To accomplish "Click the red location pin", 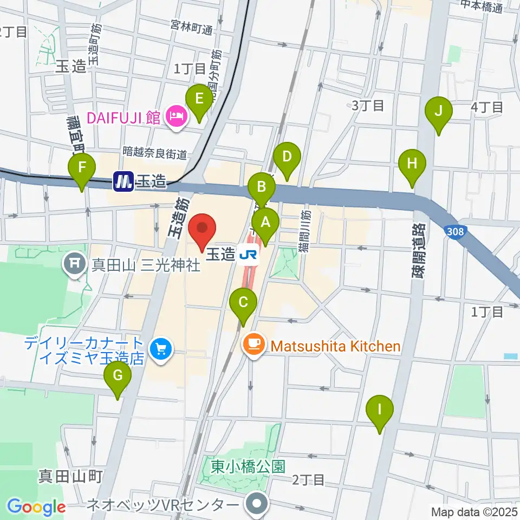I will [x=202, y=231].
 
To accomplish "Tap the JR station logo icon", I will [x=250, y=255].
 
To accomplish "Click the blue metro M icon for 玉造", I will [x=123, y=181].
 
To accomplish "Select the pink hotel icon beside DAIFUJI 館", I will [x=177, y=116].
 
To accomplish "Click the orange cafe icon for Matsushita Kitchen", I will [x=253, y=346].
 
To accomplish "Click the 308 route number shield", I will [x=456, y=232].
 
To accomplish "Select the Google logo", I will [x=36, y=507].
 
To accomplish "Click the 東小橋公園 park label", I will [x=248, y=466].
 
